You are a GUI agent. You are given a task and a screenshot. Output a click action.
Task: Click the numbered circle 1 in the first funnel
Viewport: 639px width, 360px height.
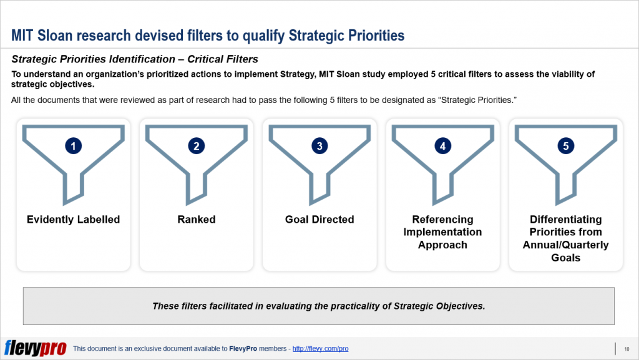click(x=74, y=146)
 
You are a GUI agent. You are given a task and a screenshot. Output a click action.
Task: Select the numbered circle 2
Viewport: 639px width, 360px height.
click(x=197, y=146)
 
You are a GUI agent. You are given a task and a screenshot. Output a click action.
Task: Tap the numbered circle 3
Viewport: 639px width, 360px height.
click(x=319, y=146)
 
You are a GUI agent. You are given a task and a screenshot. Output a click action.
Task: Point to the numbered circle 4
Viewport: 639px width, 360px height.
click(x=442, y=146)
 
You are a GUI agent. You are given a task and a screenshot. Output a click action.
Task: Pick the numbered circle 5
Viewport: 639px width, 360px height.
click(x=565, y=146)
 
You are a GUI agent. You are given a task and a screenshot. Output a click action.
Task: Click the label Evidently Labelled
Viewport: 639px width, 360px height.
click(x=74, y=220)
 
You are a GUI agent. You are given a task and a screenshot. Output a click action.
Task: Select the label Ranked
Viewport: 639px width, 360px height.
click(x=197, y=220)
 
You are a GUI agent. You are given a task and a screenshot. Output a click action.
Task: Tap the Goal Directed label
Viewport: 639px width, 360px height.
click(x=319, y=220)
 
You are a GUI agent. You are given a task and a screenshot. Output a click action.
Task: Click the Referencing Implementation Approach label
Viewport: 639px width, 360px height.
click(x=442, y=232)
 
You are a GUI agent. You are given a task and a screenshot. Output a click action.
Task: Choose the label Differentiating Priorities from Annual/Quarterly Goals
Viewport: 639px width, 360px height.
click(x=565, y=238)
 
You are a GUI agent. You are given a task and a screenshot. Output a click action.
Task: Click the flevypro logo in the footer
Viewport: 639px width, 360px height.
click(x=35, y=348)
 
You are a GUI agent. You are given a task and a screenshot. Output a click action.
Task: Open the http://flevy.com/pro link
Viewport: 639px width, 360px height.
click(x=320, y=349)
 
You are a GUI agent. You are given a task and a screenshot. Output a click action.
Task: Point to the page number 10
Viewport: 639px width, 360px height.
click(x=627, y=349)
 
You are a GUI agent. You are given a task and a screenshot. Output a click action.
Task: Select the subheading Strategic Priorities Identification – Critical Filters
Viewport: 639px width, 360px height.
click(x=135, y=60)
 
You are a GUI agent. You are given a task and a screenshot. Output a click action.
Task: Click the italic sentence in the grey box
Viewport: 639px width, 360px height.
click(x=319, y=306)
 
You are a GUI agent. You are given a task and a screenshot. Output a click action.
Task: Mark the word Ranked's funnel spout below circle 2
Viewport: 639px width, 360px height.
click(x=197, y=184)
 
